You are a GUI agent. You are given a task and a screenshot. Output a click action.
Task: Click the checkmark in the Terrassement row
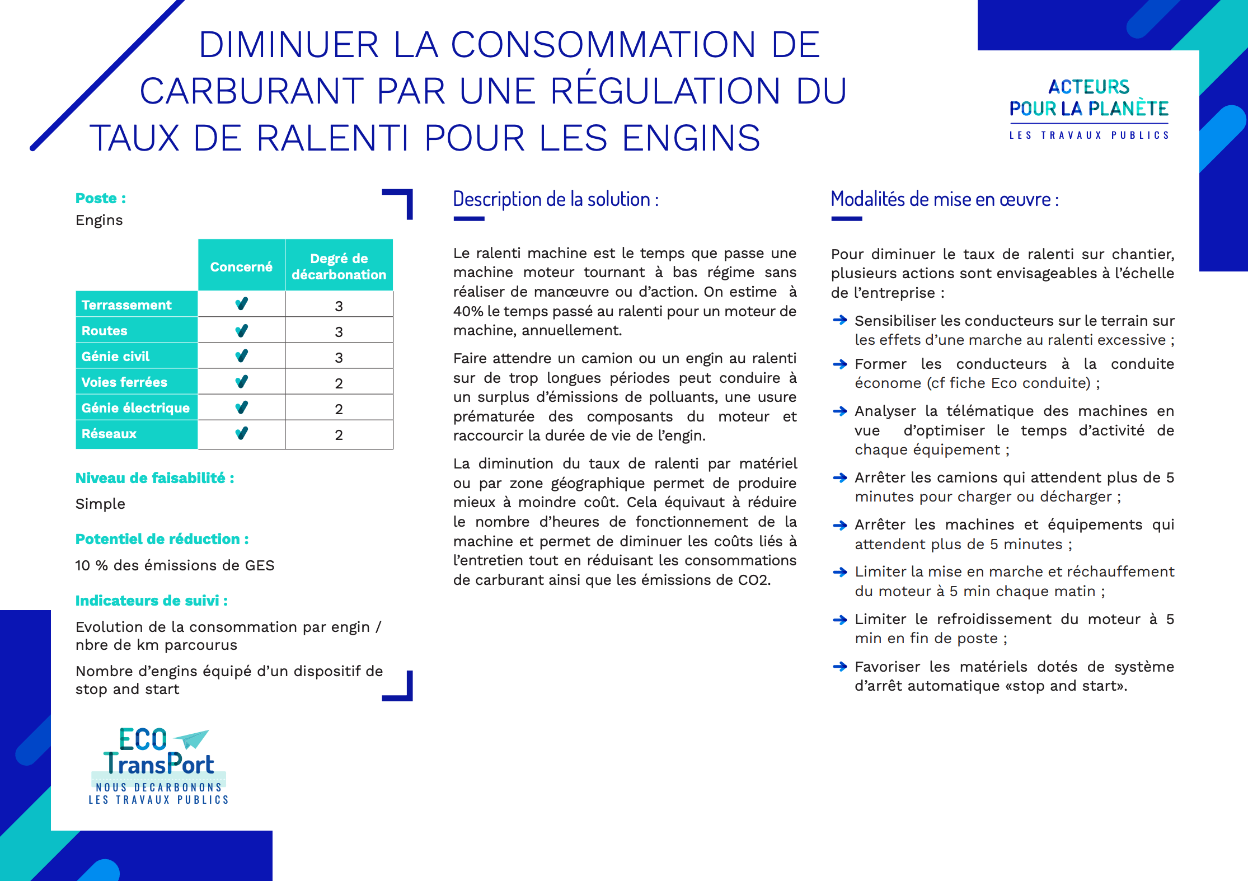coord(241,304)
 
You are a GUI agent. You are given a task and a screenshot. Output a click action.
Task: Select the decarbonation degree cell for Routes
coord(339,331)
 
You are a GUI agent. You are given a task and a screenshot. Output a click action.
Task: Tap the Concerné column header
coord(241,267)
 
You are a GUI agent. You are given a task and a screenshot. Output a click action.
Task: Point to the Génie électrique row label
coord(135,408)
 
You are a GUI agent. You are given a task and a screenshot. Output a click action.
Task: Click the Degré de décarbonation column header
coord(339,266)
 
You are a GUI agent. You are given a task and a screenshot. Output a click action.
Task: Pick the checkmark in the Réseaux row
coord(241,434)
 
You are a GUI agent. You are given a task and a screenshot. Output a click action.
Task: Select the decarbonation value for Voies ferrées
coord(339,383)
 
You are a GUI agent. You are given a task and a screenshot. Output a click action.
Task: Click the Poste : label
coord(101,199)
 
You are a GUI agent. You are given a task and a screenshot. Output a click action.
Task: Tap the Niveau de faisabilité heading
coord(154,478)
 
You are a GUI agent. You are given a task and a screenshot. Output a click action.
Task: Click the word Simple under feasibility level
coord(100,504)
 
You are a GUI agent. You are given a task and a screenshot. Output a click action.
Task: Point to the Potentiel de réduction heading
coord(162,539)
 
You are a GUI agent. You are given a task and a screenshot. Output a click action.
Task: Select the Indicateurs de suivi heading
coord(151,601)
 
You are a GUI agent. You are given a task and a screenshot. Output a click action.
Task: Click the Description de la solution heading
coord(556,199)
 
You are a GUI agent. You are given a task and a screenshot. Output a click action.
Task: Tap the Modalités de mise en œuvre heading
coord(945,199)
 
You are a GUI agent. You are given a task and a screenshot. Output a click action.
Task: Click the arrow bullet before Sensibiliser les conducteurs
coord(839,320)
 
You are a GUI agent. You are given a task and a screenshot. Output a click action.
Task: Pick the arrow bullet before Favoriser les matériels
coord(839,666)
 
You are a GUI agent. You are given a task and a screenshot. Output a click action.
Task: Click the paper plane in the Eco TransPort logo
coord(193,739)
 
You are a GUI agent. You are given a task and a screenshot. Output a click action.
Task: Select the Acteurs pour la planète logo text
coord(1089,98)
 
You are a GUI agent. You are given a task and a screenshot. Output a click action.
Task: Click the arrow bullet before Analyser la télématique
coord(839,411)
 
